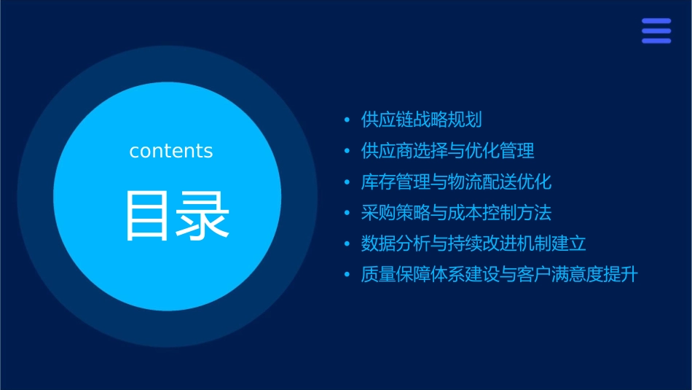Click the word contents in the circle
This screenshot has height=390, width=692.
point(171,151)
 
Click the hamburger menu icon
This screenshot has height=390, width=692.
point(656,31)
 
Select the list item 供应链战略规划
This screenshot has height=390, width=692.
point(422,120)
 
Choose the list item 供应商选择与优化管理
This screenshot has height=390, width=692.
point(448,151)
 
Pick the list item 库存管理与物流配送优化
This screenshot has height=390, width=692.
point(457,182)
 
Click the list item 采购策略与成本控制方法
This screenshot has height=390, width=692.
point(457,213)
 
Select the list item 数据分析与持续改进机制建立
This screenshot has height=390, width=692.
point(474,243)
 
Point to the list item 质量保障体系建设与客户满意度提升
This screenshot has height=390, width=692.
point(500,275)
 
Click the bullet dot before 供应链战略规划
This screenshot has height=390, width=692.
point(347,120)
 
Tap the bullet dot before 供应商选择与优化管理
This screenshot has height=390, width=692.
point(347,151)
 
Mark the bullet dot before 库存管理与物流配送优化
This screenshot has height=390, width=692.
point(347,182)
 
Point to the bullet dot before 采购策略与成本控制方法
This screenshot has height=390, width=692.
point(347,213)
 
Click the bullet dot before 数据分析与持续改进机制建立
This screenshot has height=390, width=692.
point(347,244)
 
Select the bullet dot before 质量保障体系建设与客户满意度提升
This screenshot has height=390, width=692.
point(347,276)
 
